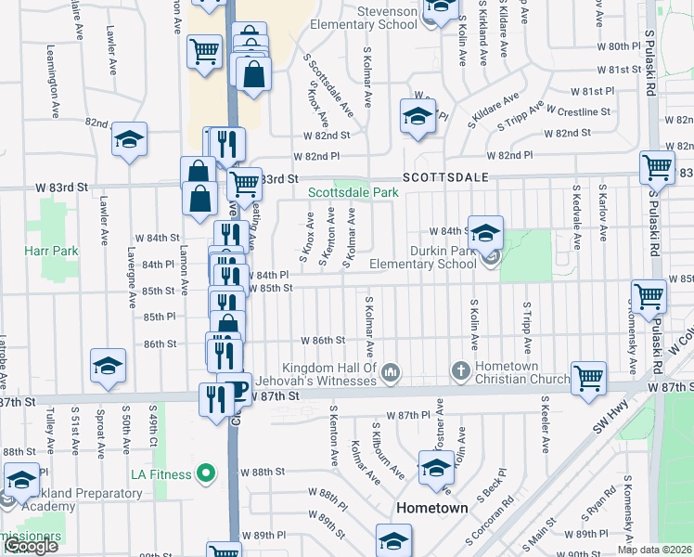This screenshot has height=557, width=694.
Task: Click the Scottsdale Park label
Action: point(353,192)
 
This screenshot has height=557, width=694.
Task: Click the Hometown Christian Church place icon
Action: point(460,371)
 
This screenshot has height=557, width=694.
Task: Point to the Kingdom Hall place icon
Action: point(392,371)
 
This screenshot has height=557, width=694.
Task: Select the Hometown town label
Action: point(432,508)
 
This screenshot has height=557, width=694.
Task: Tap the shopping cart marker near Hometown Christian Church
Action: point(588,378)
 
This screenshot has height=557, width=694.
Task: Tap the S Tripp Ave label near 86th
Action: point(526,324)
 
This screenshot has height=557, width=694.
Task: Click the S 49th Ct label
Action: point(152,423)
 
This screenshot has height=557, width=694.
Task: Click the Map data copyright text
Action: point(654,550)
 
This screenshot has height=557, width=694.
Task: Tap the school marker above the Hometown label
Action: point(436,468)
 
